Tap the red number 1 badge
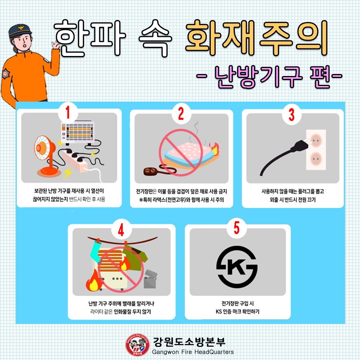[68, 112]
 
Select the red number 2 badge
[181, 113]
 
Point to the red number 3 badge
[291, 114]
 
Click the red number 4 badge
[121, 230]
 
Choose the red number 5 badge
[236, 228]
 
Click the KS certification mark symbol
[237, 267]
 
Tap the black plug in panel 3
[285, 156]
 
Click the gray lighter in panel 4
[151, 278]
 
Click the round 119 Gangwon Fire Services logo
[138, 345]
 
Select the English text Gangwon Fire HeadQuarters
[193, 352]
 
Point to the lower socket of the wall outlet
[316, 159]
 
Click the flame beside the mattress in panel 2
[215, 149]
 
